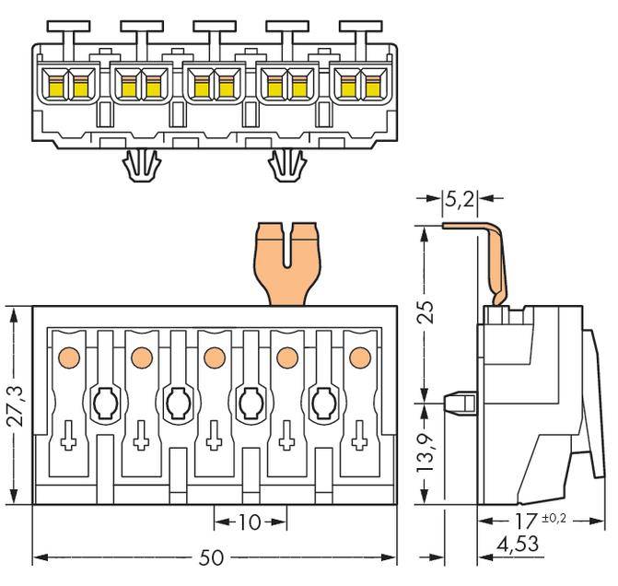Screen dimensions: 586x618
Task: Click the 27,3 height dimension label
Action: pos(14,406)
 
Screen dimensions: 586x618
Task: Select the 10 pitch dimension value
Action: pos(249,522)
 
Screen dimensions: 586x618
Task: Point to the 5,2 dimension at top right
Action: pos(460,198)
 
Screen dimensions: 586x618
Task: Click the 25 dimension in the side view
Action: pos(424,313)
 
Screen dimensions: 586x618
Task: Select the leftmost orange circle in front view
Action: pos(67,356)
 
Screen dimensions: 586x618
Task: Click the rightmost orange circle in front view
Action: pos(356,356)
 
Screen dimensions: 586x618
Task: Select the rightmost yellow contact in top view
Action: pos(372,86)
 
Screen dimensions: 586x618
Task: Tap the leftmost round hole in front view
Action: pos(102,402)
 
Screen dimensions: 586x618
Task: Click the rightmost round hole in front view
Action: pos(323,402)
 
